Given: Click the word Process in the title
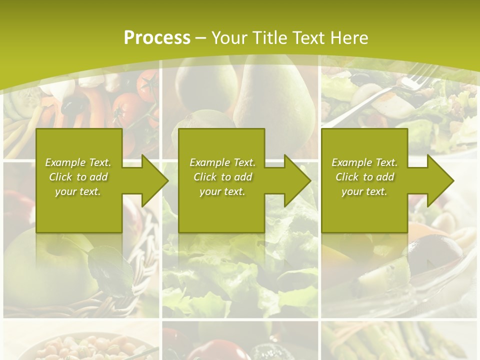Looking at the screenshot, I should click(x=157, y=37).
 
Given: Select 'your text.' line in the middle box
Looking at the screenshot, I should click(x=222, y=191).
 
